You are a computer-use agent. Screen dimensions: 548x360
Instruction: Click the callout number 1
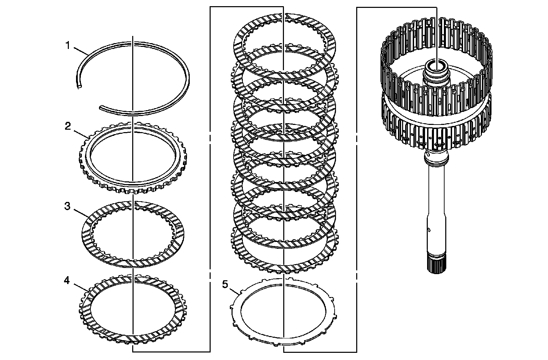pos(68,46)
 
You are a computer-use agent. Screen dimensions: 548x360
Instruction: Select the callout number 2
pos(68,126)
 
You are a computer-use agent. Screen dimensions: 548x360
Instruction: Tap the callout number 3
pos(67,206)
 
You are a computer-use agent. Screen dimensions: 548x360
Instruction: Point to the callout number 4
pos(67,281)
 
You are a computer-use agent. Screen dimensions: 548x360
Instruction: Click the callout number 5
pos(225,284)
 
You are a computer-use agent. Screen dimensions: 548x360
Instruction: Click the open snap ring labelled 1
pos(189,78)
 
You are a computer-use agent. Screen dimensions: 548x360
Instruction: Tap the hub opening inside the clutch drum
pos(437,70)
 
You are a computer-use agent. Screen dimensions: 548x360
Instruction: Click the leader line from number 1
pos(80,51)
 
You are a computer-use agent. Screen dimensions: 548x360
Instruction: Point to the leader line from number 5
pos(234,292)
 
